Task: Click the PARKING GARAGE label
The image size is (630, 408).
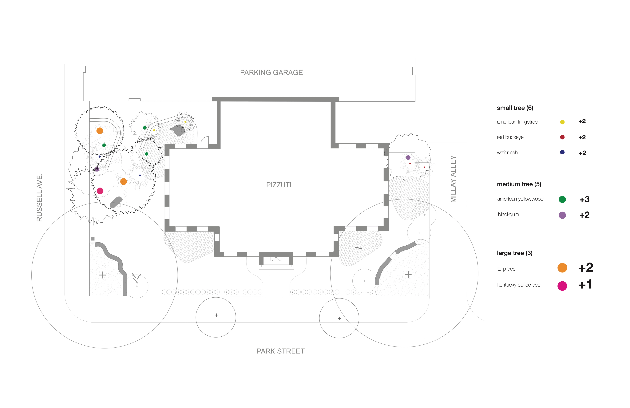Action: pos(271,73)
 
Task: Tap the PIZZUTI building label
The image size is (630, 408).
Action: pos(279,185)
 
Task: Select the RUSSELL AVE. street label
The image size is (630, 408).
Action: pos(39,197)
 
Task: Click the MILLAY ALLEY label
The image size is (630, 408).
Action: pos(453,179)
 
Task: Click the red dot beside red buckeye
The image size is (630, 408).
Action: pos(562,137)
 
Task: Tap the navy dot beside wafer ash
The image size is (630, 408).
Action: pos(562,152)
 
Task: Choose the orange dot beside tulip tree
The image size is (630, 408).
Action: pos(562,268)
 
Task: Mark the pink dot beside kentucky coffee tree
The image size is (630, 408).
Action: pos(562,286)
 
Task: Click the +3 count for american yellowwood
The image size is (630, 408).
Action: pos(584,199)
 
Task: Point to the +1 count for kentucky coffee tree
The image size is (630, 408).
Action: pos(585,285)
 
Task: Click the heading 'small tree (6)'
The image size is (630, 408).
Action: pos(515,108)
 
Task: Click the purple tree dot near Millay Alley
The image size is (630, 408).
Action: pos(409,158)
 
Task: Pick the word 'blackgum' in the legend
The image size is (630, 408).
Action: pos(508,215)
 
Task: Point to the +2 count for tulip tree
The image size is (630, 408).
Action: pos(586,268)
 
